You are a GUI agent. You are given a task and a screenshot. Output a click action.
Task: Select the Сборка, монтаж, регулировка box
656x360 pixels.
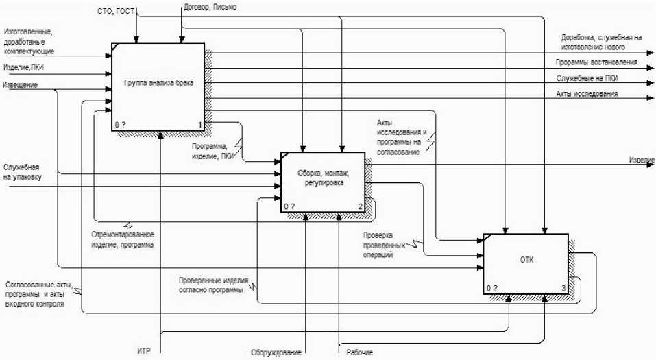pyautogui.click(x=322, y=181)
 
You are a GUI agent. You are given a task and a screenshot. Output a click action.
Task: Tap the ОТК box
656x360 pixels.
pyautogui.click(x=526, y=260)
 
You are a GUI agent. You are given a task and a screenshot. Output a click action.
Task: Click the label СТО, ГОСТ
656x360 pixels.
pyautogui.click(x=117, y=12)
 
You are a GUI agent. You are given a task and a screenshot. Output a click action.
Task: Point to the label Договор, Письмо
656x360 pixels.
pyautogui.click(x=211, y=8)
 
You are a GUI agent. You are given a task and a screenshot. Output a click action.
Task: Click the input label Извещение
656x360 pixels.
pyautogui.click(x=21, y=85)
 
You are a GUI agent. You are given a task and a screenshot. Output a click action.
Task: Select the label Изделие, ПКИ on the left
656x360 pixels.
pyautogui.click(x=24, y=67)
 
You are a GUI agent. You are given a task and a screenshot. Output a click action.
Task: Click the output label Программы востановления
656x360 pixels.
pyautogui.click(x=596, y=62)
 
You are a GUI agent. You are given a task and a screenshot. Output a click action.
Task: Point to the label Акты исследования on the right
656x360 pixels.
pyautogui.click(x=587, y=94)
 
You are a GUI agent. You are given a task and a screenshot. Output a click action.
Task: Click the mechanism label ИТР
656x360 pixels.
pyautogui.click(x=143, y=352)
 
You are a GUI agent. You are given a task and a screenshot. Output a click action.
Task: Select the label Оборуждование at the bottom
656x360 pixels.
pyautogui.click(x=276, y=352)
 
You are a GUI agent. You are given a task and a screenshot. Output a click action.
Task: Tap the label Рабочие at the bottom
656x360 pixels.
pyautogui.click(x=360, y=352)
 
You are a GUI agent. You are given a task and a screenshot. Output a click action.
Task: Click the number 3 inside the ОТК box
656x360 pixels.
pyautogui.click(x=563, y=289)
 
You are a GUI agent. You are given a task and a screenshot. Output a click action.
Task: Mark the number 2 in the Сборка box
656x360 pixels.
pyautogui.click(x=360, y=206)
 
